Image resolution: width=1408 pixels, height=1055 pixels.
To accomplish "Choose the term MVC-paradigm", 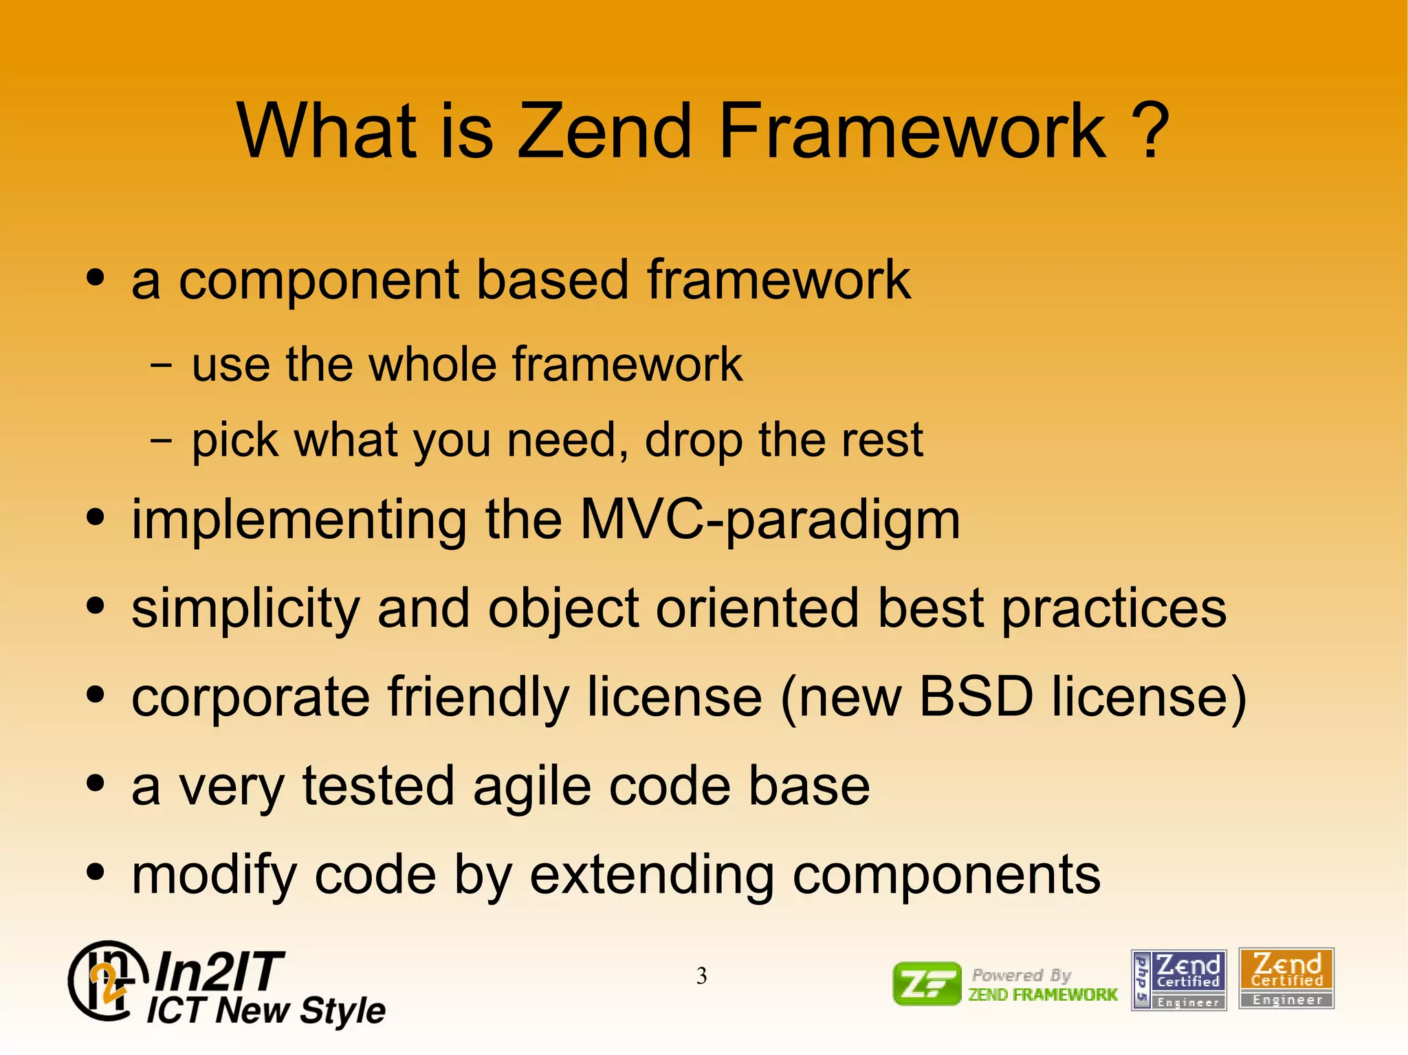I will [x=770, y=520].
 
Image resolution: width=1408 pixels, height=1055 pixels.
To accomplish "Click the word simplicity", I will [x=245, y=610].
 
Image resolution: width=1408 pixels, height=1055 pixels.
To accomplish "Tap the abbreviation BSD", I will [x=976, y=697].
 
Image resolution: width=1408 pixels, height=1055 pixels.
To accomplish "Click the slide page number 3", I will [x=701, y=976].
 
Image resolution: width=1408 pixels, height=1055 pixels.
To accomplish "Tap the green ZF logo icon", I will [x=927, y=984].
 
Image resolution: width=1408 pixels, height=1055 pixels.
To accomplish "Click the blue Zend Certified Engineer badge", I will [x=1178, y=980].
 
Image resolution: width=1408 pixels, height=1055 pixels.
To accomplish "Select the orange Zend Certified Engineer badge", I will [x=1286, y=979].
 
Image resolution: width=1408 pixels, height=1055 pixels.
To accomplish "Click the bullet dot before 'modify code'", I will [x=96, y=872].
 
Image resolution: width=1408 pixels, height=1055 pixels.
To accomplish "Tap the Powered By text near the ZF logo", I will [x=1021, y=975].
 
